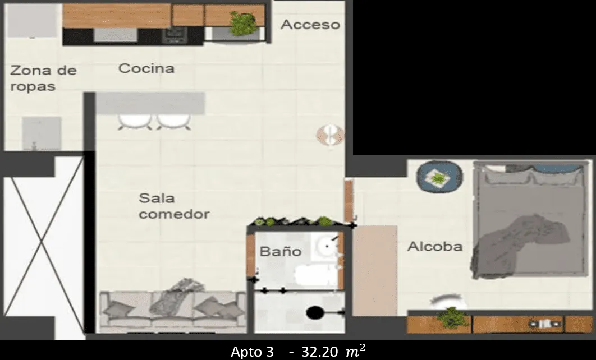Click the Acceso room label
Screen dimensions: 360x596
pyautogui.click(x=310, y=25)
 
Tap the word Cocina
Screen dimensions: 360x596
pyautogui.click(x=146, y=68)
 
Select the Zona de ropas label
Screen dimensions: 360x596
pyautogui.click(x=43, y=79)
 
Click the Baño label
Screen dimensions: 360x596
pyautogui.click(x=280, y=251)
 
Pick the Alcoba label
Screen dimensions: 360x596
pyautogui.click(x=434, y=246)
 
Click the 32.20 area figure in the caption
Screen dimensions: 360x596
pyautogui.click(x=320, y=352)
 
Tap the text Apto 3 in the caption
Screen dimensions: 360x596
pyautogui.click(x=252, y=352)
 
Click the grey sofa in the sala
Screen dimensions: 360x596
pyautogui.click(x=173, y=310)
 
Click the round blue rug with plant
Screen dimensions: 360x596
pyautogui.click(x=439, y=177)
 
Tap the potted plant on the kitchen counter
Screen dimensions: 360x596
pyautogui.click(x=244, y=24)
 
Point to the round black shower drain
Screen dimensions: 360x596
pyautogui.click(x=314, y=312)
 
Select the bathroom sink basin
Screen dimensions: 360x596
pyautogui.click(x=325, y=246)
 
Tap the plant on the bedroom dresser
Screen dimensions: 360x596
pyautogui.click(x=452, y=318)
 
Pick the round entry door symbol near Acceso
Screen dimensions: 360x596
pyautogui.click(x=330, y=134)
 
